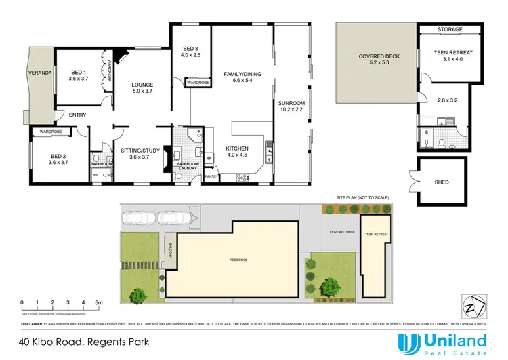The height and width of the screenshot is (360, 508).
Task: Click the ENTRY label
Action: (77, 115)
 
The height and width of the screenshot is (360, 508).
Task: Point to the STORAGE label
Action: (449, 28)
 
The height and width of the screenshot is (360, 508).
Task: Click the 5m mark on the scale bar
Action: (99, 302)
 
